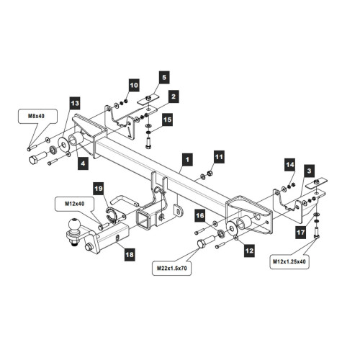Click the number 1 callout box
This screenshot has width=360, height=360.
(187, 160)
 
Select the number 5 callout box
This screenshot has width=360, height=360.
(164, 77)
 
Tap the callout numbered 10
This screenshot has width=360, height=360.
(134, 85)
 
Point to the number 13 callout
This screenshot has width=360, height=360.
(75, 104)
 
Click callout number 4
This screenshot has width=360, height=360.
(83, 163)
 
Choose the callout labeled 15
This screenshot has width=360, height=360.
(167, 120)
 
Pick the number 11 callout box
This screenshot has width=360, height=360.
(219, 157)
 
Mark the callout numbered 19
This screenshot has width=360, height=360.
(99, 189)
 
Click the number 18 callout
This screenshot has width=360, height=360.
(130, 254)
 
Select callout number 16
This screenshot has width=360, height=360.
(200, 215)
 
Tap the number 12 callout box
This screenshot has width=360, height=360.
(249, 251)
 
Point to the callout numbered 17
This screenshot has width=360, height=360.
(300, 232)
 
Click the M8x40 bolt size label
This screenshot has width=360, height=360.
(36, 116)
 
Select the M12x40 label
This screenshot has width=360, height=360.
(75, 204)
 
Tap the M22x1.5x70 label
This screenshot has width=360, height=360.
(172, 268)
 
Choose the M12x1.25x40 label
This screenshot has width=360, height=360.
(289, 261)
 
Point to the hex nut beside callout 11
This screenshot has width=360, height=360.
(209, 173)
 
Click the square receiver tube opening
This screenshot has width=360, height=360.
(143, 220)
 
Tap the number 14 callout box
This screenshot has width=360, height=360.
(289, 165)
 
